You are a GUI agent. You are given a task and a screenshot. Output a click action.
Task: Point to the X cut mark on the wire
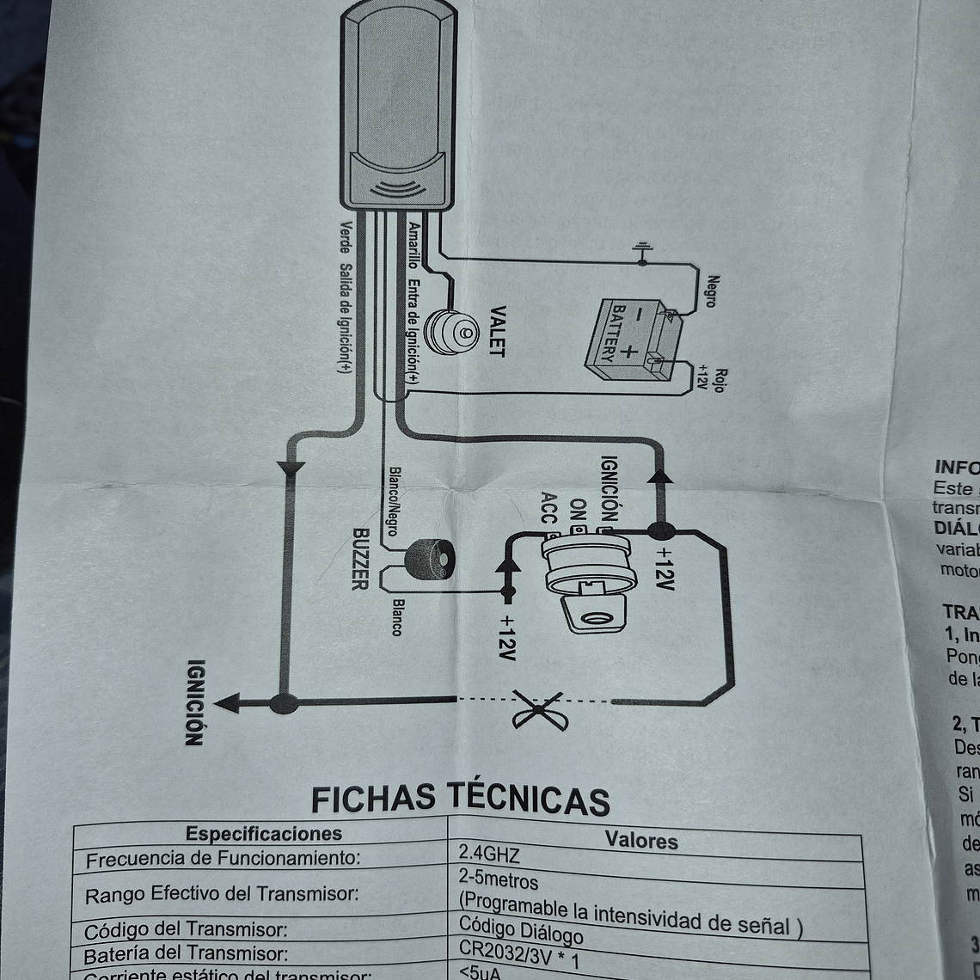(x=539, y=709)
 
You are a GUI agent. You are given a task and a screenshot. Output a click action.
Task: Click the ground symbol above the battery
(x=642, y=252)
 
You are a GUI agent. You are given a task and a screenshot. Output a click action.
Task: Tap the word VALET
(x=498, y=331)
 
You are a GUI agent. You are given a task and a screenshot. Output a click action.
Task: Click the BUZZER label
(x=360, y=559)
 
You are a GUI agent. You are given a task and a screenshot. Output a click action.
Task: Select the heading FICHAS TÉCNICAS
(x=460, y=798)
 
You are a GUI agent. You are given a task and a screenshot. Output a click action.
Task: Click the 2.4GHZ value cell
(x=490, y=854)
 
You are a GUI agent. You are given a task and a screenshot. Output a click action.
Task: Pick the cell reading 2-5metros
(x=499, y=881)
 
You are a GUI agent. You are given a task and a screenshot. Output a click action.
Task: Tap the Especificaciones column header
(x=264, y=833)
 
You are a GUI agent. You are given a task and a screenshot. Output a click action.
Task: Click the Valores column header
(x=641, y=840)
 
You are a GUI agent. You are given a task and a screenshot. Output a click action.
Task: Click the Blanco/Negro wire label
(x=394, y=501)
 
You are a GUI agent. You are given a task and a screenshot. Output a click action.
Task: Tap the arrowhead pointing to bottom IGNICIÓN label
(x=227, y=703)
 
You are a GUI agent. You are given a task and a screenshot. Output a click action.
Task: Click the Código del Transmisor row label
(x=186, y=930)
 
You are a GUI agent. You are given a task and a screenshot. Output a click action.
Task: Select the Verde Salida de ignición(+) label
(x=344, y=297)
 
